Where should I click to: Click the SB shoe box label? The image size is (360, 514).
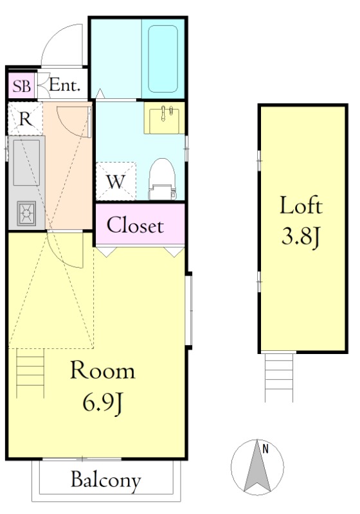(22, 86)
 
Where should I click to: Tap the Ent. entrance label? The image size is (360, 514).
(65, 85)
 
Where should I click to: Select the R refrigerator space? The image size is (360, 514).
(26, 119)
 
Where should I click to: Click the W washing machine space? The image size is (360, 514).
(116, 181)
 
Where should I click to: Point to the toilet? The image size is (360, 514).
(162, 179)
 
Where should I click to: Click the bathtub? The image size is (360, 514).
(163, 59)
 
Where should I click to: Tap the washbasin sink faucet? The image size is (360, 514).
(163, 114)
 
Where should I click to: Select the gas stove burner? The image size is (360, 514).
(26, 213)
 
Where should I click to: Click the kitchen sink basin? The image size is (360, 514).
(26, 163)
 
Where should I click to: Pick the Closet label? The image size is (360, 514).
(135, 226)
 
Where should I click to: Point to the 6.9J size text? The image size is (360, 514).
(103, 403)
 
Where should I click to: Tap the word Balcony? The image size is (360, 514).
(106, 481)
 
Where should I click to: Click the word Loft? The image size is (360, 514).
(301, 206)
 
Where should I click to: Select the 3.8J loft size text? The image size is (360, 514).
(301, 237)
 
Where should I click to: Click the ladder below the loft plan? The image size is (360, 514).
(279, 377)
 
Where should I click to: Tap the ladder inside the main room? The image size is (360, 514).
(30, 373)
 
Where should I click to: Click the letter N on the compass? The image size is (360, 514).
(265, 448)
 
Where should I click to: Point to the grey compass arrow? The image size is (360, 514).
(257, 467)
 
